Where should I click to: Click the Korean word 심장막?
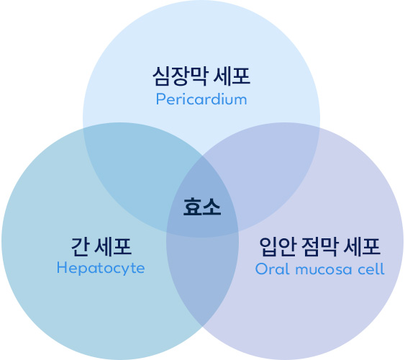tap(180, 76)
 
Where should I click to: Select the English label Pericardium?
tap(201, 99)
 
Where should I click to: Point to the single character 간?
tap(80, 247)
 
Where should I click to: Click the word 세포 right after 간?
tap(113, 247)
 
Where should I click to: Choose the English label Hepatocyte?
tap(101, 269)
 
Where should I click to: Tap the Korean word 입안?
tap(278, 247)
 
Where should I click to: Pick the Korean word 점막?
tap(319, 247)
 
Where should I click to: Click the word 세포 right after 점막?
tap(362, 247)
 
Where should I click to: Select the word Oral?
tap(272, 269)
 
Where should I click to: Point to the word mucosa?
tap(324, 270)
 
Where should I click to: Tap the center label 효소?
tap(202, 207)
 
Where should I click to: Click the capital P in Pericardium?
tap(160, 99)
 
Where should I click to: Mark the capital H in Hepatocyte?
tap(61, 267)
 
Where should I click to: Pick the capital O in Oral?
tap(261, 269)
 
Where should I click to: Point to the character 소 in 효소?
tap(211, 207)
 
